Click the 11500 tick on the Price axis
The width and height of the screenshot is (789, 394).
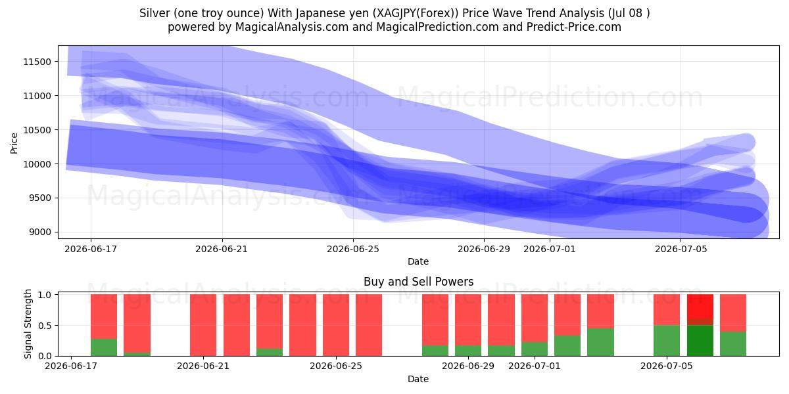[x=37, y=62]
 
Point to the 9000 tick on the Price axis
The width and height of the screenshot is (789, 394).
[x=39, y=232]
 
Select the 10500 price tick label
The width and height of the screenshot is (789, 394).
[x=37, y=130]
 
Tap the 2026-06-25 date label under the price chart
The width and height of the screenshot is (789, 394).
[x=353, y=250]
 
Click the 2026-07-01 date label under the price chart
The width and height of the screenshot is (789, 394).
[x=550, y=250]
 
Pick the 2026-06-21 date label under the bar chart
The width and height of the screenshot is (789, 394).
[x=203, y=366]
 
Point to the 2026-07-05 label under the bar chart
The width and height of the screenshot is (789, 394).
[x=667, y=366]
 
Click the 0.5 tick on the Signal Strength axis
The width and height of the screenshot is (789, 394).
[x=45, y=326]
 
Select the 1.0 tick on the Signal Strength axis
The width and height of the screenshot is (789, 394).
[x=45, y=295]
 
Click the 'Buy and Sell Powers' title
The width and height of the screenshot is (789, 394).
[x=418, y=282]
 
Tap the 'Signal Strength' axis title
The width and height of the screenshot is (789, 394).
[x=28, y=324]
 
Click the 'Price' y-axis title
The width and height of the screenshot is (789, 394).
[x=14, y=143]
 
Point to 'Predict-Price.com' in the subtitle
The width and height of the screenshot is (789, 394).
[x=574, y=27]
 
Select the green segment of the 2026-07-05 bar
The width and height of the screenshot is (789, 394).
[x=667, y=341]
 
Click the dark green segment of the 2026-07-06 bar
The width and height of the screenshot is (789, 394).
[x=700, y=341]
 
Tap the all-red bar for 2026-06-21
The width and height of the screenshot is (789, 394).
[x=203, y=325]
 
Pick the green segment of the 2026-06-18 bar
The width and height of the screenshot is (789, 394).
[x=104, y=347]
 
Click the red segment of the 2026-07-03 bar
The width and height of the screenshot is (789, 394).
[x=600, y=311]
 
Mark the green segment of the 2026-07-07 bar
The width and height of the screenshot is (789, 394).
[x=733, y=343]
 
